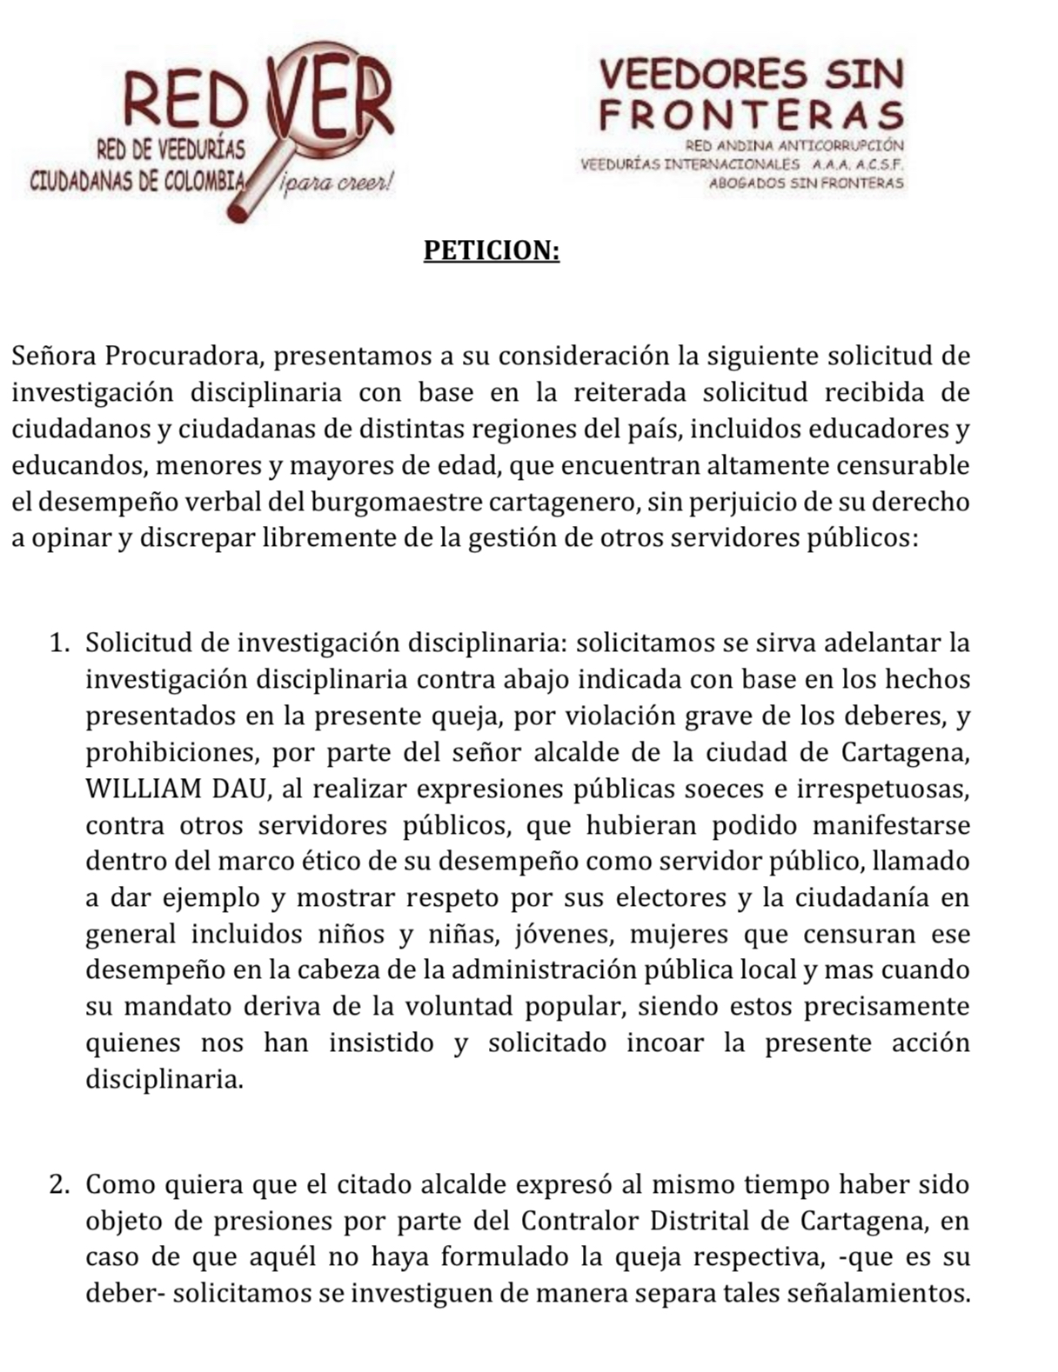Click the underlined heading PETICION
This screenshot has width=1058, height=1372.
coord(491,250)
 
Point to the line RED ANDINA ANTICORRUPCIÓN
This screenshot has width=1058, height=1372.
coord(794,145)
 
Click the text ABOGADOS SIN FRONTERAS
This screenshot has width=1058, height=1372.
coord(806,183)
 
